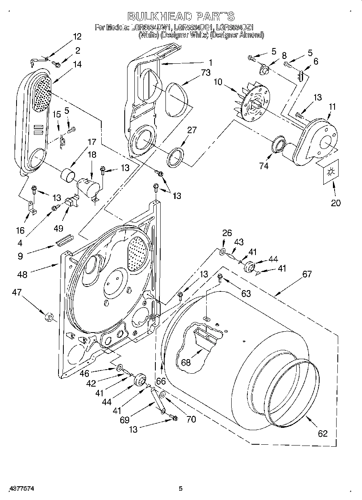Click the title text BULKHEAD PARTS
[180, 17]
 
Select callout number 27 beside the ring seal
[192, 130]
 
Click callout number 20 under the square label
[335, 203]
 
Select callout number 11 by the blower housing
[332, 107]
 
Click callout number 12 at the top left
[77, 37]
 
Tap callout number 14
[77, 64]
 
